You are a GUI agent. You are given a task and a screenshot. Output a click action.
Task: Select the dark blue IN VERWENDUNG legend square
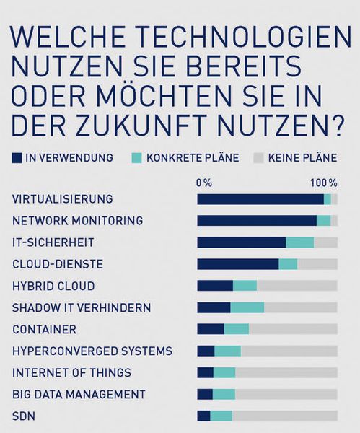click(x=17, y=157)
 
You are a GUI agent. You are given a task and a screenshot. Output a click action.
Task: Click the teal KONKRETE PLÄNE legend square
click(x=136, y=157)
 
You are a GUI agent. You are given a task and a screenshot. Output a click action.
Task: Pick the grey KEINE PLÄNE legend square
click(x=258, y=157)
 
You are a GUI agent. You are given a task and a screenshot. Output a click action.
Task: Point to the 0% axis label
click(x=204, y=183)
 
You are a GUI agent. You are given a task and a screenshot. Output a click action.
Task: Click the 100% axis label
click(x=323, y=183)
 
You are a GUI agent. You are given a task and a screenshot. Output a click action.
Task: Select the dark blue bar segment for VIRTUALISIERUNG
click(x=260, y=199)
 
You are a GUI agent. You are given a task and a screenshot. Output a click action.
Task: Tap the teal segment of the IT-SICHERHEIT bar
click(x=299, y=242)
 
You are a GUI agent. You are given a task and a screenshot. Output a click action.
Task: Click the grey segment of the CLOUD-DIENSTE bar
click(x=317, y=264)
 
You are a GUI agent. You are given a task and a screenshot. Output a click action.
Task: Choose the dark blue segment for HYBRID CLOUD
click(x=215, y=286)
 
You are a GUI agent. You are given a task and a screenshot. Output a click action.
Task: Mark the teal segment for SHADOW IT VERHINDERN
click(x=247, y=307)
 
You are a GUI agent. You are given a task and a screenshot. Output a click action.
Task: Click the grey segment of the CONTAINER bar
click(x=292, y=329)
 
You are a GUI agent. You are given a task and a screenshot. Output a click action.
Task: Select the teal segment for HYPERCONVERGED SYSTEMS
click(x=227, y=351)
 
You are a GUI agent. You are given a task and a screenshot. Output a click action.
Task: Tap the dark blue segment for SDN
click(x=203, y=416)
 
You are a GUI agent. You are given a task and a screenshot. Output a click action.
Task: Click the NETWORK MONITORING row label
click(x=78, y=220)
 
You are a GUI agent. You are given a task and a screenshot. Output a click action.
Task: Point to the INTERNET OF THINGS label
click(x=72, y=372)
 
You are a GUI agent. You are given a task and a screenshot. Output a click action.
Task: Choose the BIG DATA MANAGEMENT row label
click(x=79, y=394)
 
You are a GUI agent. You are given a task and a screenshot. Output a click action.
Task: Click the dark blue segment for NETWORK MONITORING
click(x=257, y=221)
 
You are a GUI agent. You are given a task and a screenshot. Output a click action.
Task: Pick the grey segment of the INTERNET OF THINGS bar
click(x=286, y=372)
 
